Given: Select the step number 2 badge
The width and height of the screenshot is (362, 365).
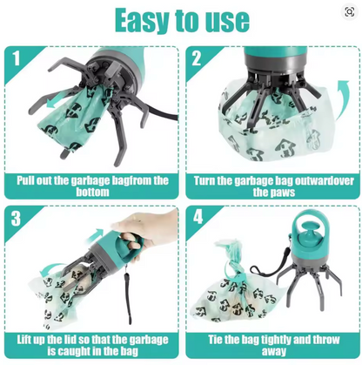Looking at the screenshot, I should click(x=198, y=59).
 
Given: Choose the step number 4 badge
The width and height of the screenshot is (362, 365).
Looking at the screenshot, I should click(x=198, y=218).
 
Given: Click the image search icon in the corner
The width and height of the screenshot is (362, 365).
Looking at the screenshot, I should click(x=349, y=12).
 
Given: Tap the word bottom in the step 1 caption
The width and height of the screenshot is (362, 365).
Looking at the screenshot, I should click(x=92, y=192).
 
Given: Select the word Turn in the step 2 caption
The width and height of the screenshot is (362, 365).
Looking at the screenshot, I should click(x=210, y=180).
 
